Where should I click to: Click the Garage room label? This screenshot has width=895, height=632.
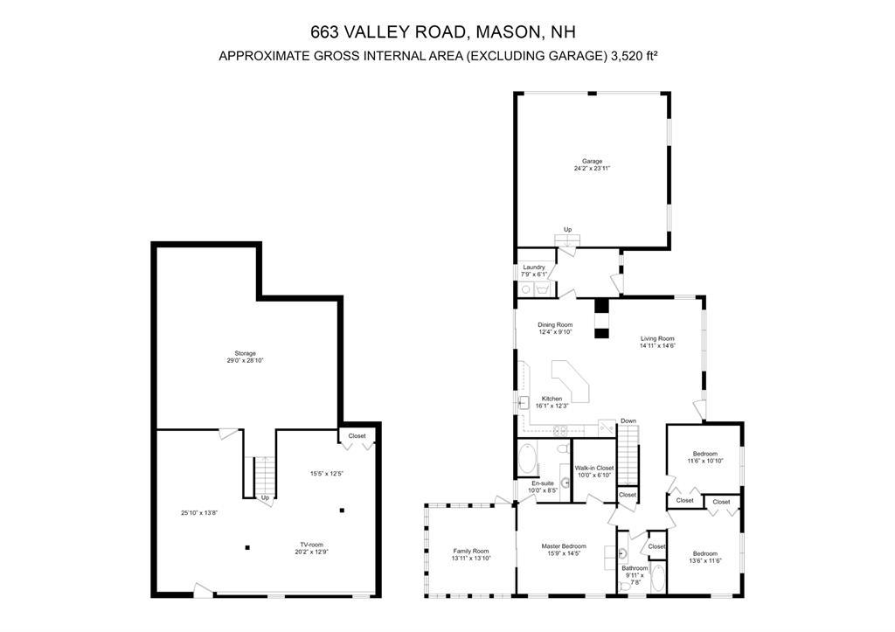coord(592,161)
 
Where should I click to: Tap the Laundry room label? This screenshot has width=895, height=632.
coord(533,267)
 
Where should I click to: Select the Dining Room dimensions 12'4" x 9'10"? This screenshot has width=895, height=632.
coord(555,332)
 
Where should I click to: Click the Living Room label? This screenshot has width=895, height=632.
coord(658,338)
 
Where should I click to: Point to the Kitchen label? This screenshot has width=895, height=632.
coord(552,399)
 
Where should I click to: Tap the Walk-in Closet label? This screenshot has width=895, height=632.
coord(594,468)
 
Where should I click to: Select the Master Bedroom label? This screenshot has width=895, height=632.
coord(562,546)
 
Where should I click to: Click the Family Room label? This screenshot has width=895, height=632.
coord(470,551)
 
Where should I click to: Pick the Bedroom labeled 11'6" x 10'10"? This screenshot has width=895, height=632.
coord(704,454)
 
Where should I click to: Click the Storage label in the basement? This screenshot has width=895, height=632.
coord(245,353)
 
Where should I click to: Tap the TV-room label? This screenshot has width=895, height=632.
coord(312,544)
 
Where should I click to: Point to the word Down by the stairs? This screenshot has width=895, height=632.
coord(628,420)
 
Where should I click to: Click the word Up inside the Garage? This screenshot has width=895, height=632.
coord(567,230)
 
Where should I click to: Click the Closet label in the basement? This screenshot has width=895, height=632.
coord(357,435)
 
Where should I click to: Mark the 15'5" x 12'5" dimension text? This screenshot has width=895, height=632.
coord(326,474)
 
